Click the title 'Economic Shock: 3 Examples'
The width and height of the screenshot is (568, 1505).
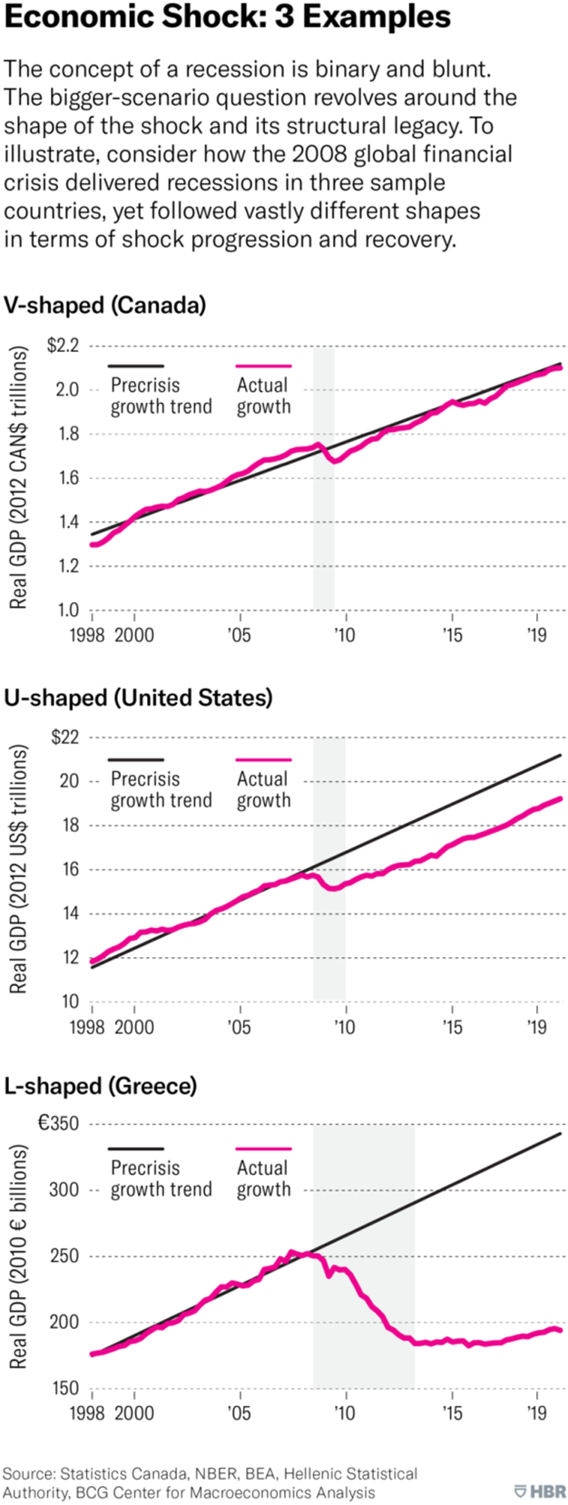tap(227, 16)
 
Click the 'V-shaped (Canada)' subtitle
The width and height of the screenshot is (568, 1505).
tap(104, 305)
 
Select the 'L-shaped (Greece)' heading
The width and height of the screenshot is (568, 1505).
tap(100, 1085)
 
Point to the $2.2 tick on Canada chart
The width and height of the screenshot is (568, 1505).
tap(63, 346)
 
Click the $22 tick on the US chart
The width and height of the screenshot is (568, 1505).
tap(65, 737)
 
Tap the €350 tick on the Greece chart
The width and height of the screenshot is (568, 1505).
tap(58, 1123)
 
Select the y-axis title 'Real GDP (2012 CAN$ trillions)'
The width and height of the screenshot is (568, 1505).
tap(19, 478)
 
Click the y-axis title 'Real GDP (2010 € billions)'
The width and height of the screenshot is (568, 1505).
tap(19, 1256)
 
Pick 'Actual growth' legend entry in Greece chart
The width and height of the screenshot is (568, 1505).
tap(263, 1178)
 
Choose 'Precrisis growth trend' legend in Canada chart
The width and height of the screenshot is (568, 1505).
tap(161, 396)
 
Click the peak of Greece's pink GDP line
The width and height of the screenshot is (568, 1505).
tap(293, 1252)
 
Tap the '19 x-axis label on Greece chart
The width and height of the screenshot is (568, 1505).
tap(537, 1412)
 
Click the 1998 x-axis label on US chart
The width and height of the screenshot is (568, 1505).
tap(88, 1027)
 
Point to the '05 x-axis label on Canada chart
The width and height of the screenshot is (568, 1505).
tap(239, 635)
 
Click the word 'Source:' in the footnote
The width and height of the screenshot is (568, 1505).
tap(27, 1473)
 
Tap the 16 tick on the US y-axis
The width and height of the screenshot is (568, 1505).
tap(70, 869)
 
